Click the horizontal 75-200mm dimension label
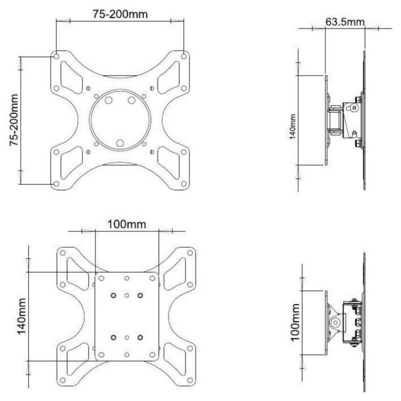pyautogui.click(x=117, y=14)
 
